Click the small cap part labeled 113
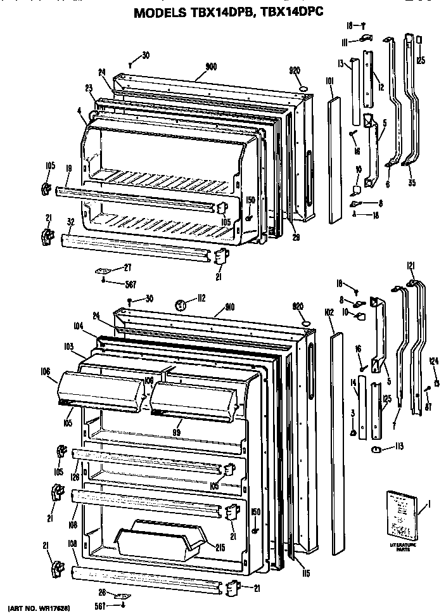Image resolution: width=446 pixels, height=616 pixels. pyautogui.click(x=376, y=450)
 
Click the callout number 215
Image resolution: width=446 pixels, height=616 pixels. pyautogui.click(x=220, y=547)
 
